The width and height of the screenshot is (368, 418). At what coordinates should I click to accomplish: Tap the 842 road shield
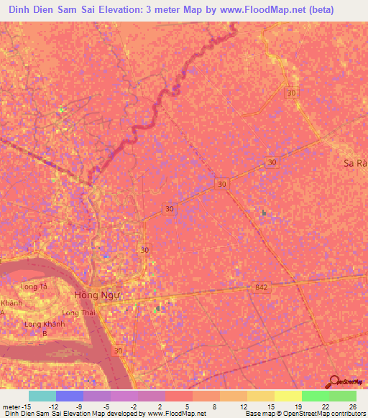[x=260, y=287]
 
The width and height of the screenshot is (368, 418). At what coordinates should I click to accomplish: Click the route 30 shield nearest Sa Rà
[x=271, y=163]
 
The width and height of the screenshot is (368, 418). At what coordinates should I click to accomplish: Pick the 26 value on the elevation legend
[x=351, y=406]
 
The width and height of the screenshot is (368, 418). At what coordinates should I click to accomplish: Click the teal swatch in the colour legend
[x=42, y=396]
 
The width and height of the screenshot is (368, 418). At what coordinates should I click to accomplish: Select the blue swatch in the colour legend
[x=69, y=396]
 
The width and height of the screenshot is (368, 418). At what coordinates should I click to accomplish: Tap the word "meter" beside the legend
[x=10, y=406]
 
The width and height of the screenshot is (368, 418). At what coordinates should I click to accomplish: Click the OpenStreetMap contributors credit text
[x=316, y=414]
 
